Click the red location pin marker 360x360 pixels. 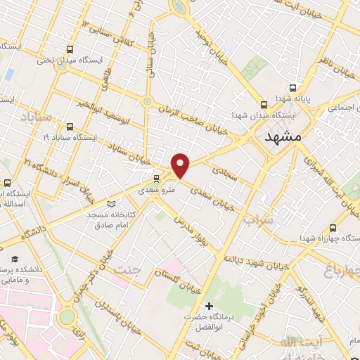click(x=181, y=165)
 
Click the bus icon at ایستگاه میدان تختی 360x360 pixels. click(x=69, y=49)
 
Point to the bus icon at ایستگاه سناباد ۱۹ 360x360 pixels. click(x=69, y=127)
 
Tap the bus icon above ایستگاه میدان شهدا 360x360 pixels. click(x=263, y=102)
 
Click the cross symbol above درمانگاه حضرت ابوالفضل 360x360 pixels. click(x=209, y=306)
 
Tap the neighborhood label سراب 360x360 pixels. click(x=257, y=221)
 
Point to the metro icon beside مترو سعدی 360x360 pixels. click(x=156, y=178)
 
